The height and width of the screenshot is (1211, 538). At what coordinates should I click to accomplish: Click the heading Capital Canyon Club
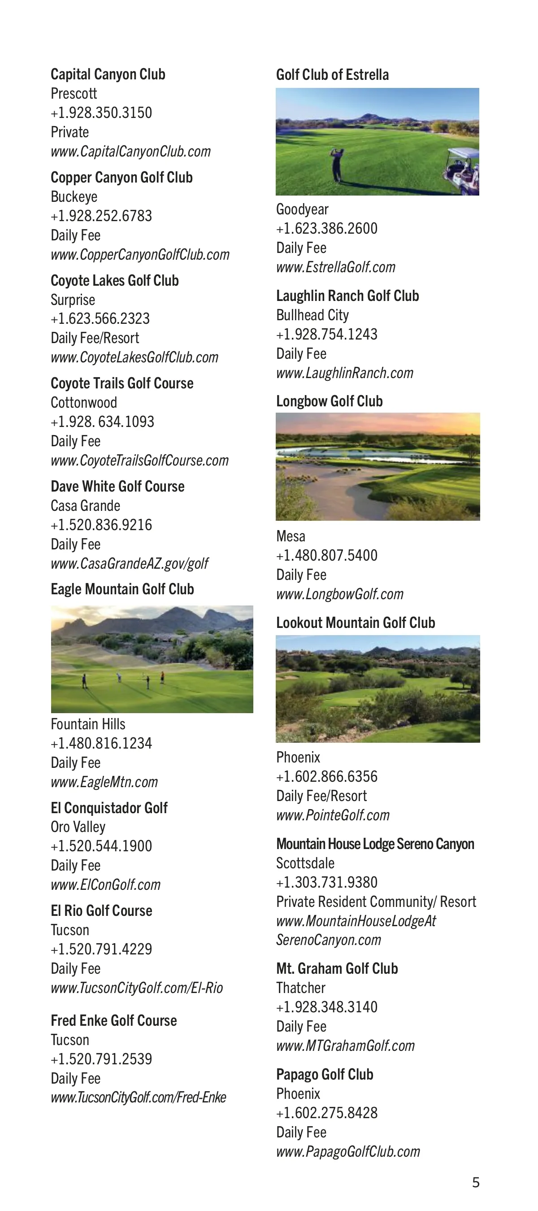point(108,74)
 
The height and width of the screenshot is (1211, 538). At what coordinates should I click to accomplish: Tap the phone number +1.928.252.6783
point(101,216)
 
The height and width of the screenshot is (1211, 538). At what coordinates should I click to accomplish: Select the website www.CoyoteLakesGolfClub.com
point(134,357)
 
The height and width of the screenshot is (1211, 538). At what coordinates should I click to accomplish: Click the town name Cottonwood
point(84,402)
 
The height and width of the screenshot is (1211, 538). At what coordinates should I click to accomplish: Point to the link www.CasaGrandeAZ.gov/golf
point(129,563)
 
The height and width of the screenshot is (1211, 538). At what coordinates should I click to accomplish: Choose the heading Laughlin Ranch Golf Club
point(347,296)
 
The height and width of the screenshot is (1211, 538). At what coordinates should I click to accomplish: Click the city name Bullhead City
point(312,315)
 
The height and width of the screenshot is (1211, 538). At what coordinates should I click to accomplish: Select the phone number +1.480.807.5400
point(326,555)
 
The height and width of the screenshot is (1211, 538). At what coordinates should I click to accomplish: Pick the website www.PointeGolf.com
point(333,815)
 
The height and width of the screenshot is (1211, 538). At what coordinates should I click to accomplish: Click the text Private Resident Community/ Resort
point(376,901)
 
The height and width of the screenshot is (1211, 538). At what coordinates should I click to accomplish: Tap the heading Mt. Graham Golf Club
point(337,968)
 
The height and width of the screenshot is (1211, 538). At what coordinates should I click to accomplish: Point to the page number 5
point(476,1182)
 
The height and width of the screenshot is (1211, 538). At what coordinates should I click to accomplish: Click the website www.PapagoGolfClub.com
point(348,1151)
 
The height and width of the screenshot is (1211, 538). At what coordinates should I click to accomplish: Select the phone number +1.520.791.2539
point(101,1059)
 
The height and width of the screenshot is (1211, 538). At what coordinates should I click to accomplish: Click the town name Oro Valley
point(78,827)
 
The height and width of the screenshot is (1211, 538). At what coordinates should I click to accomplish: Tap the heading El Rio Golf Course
point(101,910)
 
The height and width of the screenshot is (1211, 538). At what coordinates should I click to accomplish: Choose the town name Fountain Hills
point(88,724)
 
